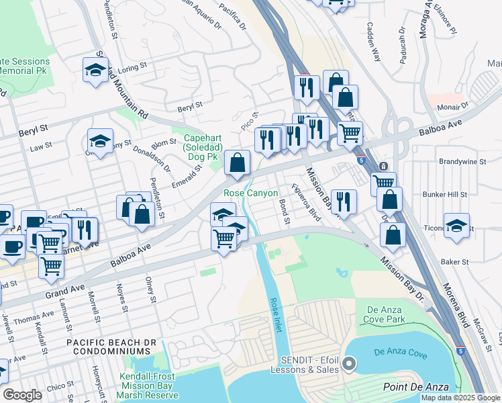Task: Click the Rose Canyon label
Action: click(x=250, y=193)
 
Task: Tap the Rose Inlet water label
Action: click(x=272, y=309)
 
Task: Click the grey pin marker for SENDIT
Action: click(x=348, y=364)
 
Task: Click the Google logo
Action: click(x=23, y=395)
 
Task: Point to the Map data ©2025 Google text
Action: click(x=460, y=398)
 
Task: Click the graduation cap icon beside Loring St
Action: click(x=96, y=69)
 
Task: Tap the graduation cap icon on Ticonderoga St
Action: click(x=456, y=226)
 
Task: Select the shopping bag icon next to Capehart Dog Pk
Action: click(x=238, y=163)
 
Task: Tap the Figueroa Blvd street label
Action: click(x=305, y=203)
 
